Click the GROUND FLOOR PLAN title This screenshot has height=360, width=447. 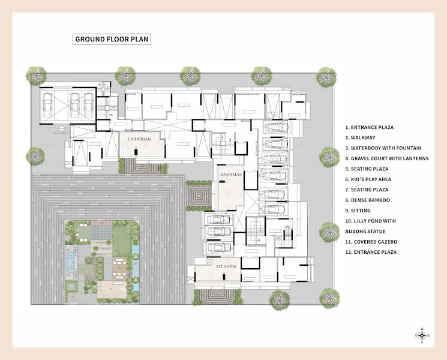[111, 40]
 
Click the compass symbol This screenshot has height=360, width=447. [422, 335]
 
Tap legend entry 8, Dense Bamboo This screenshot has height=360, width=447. [367, 200]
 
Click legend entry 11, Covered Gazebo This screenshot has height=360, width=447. [371, 242]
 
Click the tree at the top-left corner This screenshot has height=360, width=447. [36, 76]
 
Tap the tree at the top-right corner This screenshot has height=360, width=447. [326, 76]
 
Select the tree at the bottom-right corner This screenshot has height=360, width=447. [329, 297]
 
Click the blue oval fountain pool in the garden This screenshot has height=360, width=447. [71, 261]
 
